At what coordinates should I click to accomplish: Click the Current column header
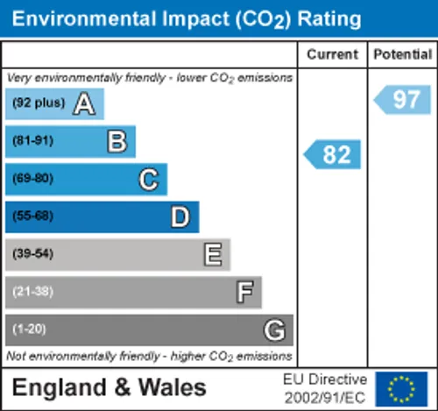[332, 54]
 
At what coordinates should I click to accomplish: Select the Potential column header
[403, 54]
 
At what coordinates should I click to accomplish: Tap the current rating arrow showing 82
[332, 154]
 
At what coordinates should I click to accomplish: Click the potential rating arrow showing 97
[402, 100]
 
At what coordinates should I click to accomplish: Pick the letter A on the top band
[84, 103]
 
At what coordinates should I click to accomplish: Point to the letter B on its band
[117, 141]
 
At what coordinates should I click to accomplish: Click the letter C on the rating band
[149, 180]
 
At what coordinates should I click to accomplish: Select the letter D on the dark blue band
[180, 217]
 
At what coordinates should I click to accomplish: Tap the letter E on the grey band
[213, 255]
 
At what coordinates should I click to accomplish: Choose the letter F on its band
[244, 292]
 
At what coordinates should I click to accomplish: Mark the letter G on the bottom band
[274, 330]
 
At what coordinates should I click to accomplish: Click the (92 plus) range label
[39, 103]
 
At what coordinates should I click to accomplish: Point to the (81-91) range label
[33, 141]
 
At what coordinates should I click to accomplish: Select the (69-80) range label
[33, 179]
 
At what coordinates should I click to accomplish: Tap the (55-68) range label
[33, 216]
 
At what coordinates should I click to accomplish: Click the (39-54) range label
[33, 253]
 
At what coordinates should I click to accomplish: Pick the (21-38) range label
[33, 292]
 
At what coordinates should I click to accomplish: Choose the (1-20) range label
[29, 330]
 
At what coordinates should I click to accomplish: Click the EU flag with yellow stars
[401, 389]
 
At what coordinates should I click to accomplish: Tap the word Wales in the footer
[173, 387]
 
